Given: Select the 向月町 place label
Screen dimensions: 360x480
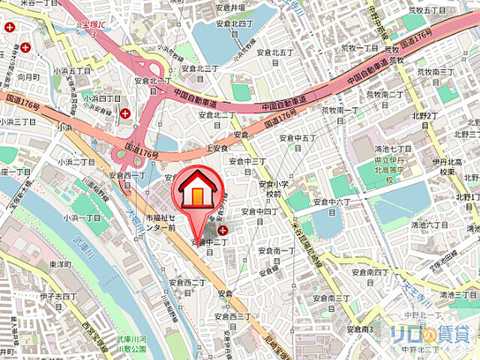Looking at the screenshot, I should tap(28, 76).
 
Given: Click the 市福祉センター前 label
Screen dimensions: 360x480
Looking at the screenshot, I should tap(161, 222).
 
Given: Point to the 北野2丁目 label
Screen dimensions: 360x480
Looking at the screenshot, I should tap(424, 120).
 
